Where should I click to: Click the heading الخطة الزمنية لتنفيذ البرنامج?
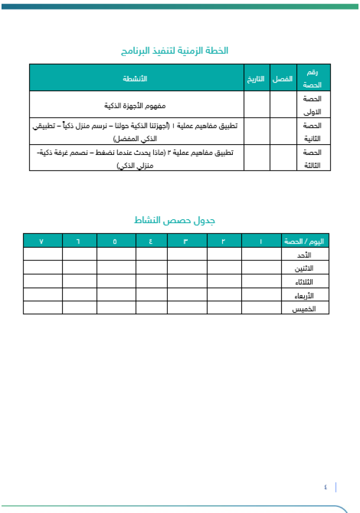click(x=174, y=51)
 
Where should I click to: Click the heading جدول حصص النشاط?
click(x=174, y=221)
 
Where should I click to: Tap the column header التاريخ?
click(x=256, y=79)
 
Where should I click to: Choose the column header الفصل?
click(x=283, y=79)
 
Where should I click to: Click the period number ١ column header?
click(x=261, y=241)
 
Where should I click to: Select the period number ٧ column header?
click(x=42, y=241)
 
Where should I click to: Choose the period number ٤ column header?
click(x=151, y=241)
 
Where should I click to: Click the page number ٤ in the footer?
click(x=326, y=487)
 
